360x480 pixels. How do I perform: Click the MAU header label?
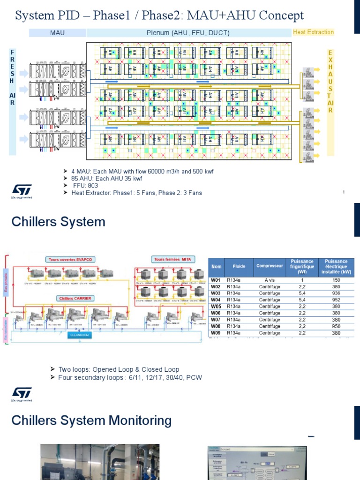(57, 32)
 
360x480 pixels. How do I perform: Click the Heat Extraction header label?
(313, 32)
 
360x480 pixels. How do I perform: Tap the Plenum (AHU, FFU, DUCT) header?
(188, 32)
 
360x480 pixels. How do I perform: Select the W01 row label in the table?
(216, 280)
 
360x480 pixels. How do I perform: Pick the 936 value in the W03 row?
(336, 293)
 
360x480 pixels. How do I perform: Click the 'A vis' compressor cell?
(270, 280)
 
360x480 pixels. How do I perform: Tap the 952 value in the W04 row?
(336, 300)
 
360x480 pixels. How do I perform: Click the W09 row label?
(216, 333)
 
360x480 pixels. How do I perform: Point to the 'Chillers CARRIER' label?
(75, 298)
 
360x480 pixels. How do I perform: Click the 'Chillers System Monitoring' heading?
(91, 420)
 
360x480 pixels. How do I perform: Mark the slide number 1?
(344, 192)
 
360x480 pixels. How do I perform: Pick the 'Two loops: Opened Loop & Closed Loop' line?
(119, 369)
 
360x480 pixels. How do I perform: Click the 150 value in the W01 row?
(336, 280)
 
